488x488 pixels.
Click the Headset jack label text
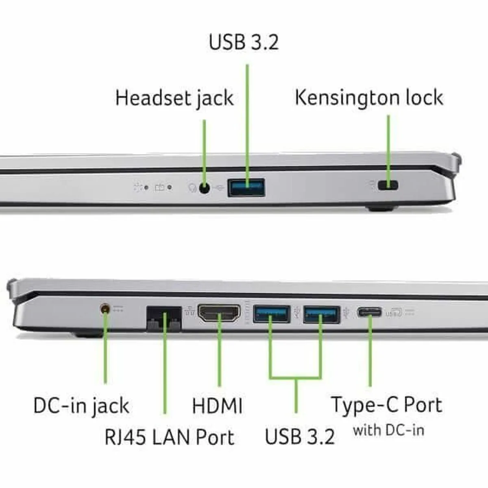tap(174, 98)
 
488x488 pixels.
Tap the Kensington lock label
tap(368, 98)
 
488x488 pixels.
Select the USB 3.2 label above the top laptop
tap(244, 42)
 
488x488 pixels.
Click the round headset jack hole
tap(205, 188)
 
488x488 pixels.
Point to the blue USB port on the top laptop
tap(246, 187)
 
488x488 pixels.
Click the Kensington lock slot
tap(388, 186)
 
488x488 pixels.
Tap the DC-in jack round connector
tap(105, 309)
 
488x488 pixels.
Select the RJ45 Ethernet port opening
tap(163, 317)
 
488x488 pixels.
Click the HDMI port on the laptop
tap(219, 313)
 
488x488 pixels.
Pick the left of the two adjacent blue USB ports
tap(271, 314)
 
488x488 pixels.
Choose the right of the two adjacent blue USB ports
tap(321, 314)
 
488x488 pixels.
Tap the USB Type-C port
tap(370, 313)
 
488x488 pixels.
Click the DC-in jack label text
tap(81, 406)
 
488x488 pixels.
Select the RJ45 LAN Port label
tap(169, 437)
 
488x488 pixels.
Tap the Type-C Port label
tap(386, 405)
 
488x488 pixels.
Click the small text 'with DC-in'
tap(388, 430)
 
